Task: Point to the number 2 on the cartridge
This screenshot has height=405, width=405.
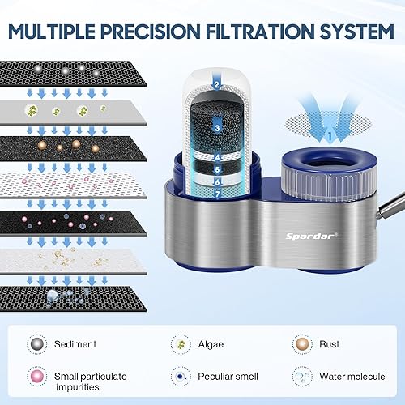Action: coord(216,83)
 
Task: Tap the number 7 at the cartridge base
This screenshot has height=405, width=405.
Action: coord(218,195)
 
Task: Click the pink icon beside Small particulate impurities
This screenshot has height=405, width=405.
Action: coord(36,376)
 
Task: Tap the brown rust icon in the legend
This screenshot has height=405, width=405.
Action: coord(303,343)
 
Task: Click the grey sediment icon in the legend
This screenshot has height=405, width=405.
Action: coord(36,343)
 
